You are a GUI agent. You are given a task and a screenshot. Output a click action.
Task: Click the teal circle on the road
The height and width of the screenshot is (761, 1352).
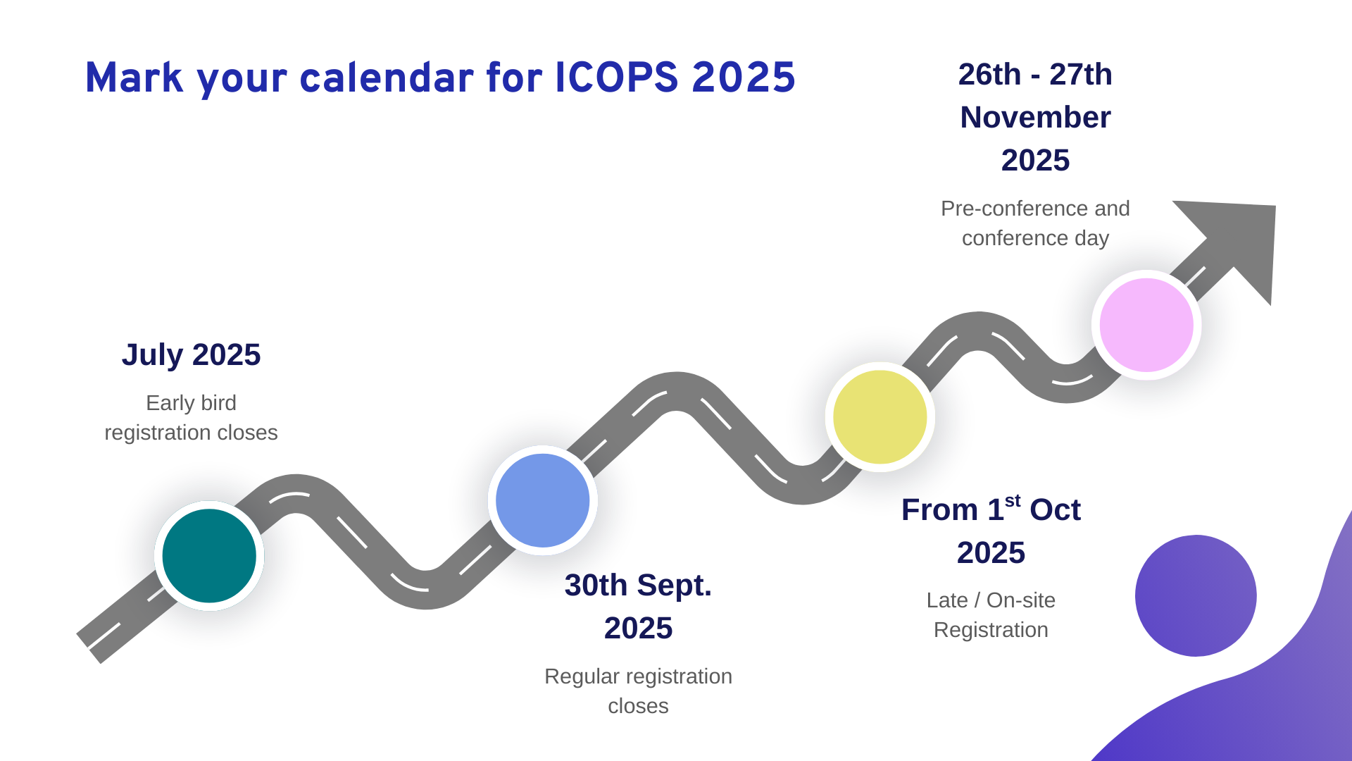coord(209,556)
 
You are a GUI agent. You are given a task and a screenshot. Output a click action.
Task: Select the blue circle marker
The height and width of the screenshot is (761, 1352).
coord(543,500)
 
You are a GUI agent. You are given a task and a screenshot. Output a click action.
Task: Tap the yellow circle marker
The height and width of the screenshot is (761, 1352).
coord(880,417)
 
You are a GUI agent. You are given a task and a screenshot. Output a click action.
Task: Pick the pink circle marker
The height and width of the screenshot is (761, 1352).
coord(1146,325)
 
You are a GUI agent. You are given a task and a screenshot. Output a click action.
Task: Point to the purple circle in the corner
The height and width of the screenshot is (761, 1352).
coord(1196,596)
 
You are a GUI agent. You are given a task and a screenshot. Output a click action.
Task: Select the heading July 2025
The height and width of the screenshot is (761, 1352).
coord(191,354)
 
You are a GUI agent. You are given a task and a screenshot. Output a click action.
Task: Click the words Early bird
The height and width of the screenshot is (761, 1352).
coord(191,403)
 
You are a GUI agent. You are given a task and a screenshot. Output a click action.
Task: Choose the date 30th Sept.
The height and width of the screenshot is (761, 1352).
coord(638,586)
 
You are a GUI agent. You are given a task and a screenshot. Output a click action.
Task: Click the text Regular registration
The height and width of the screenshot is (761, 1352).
coord(638,676)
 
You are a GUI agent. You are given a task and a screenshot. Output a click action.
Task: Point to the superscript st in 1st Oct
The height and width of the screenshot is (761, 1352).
coord(1013,500)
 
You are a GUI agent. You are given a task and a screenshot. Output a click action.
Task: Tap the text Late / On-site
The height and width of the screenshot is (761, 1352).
coord(991,600)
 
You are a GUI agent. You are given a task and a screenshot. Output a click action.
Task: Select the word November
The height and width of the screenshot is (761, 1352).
coord(1035,117)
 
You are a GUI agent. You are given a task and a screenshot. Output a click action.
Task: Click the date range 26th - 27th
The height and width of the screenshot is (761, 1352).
coord(1035,74)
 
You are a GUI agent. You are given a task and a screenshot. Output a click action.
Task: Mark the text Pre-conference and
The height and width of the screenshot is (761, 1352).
coord(1035,209)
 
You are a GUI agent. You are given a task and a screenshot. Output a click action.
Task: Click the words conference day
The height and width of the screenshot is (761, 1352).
coord(1035,238)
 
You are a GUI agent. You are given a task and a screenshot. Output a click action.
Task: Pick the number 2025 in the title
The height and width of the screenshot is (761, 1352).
coord(744,78)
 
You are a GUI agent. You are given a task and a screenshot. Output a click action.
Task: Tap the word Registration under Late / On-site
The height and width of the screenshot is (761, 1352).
coord(991,630)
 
